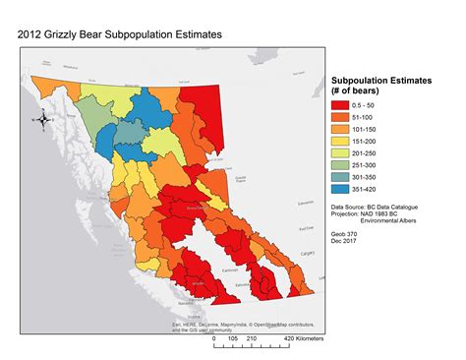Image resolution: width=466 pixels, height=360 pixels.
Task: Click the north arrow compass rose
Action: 43,121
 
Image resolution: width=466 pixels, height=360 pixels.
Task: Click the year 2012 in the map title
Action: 32,33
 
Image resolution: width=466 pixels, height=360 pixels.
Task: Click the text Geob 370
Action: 346,236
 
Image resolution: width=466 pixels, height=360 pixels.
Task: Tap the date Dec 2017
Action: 346,244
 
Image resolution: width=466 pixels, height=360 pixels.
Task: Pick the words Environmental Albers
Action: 398,222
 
